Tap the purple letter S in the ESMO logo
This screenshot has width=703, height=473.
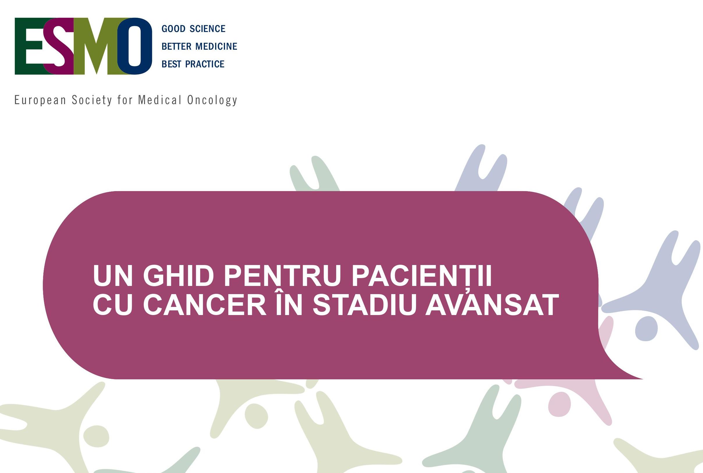(x=59, y=46)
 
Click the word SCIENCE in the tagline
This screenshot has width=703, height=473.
(x=207, y=29)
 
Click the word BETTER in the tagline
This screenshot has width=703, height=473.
(x=176, y=47)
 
